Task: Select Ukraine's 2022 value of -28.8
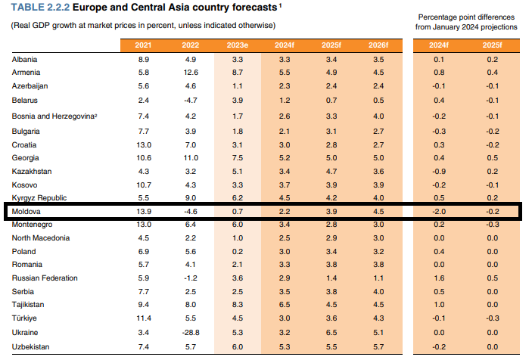coord(191,332)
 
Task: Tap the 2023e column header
coord(237,45)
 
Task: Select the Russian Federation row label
coord(45,278)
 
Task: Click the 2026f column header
coord(378,45)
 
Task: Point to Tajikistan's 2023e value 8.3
coord(237,305)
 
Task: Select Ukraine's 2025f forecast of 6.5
coord(331,332)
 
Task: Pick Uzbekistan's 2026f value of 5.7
coord(378,346)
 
